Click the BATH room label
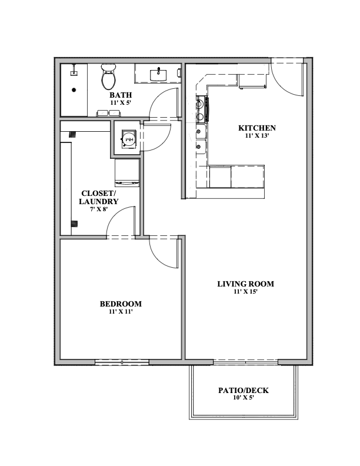121,95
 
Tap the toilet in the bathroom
108,76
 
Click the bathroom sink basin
158,74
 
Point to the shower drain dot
74,90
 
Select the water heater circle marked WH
129,139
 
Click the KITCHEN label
257,128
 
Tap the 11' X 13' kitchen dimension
257,136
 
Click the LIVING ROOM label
246,284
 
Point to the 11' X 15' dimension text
245,292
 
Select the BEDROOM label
121,304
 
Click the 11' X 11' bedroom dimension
121,311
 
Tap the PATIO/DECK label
244,390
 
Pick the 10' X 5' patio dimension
244,398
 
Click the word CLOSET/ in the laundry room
98,194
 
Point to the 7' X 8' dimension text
99,209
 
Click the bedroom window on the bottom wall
122,362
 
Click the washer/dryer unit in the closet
127,172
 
